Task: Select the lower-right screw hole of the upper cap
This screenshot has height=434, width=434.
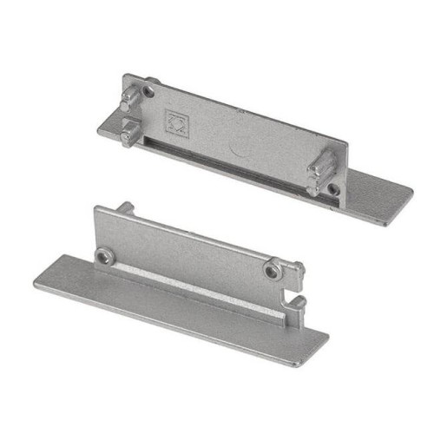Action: (333, 188)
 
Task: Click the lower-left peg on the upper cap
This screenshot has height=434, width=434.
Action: (128, 135)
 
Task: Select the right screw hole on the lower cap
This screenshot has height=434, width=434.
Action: (273, 272)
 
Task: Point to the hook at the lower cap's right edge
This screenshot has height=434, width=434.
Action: (297, 306)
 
